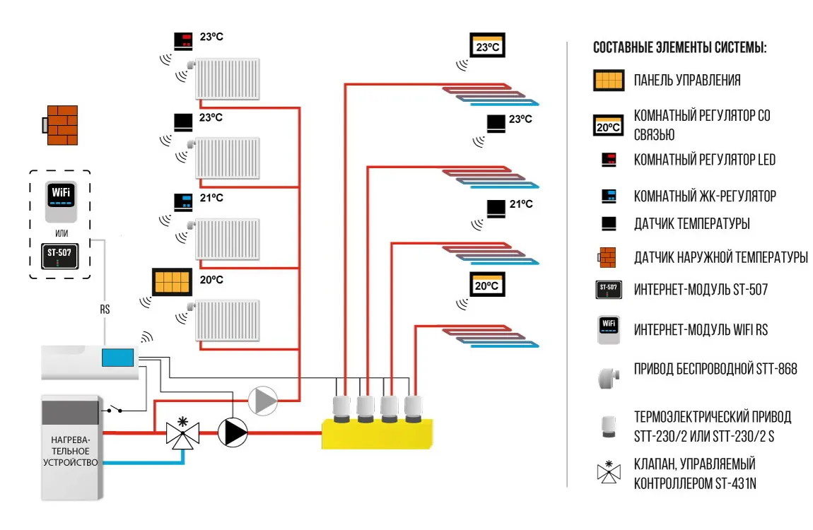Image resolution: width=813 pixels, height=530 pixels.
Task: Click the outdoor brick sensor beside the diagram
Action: pyautogui.click(x=61, y=126)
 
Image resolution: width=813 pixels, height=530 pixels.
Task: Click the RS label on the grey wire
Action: pyautogui.click(x=105, y=309)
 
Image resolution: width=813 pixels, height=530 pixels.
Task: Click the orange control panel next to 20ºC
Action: pyautogui.click(x=171, y=282)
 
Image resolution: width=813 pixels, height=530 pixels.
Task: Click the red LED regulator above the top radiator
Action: pyautogui.click(x=183, y=40)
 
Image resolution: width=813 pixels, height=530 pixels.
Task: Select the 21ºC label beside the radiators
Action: pyautogui.click(x=211, y=199)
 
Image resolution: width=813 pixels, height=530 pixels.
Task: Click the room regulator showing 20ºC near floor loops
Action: pyautogui.click(x=487, y=284)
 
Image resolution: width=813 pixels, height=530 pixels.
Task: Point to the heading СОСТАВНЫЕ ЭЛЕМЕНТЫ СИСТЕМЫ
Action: pyautogui.click(x=679, y=49)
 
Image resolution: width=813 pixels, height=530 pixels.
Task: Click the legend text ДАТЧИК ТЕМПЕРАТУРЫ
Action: pyautogui.click(x=691, y=224)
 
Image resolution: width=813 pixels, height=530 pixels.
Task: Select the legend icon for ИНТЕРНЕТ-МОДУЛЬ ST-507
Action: pyautogui.click(x=608, y=288)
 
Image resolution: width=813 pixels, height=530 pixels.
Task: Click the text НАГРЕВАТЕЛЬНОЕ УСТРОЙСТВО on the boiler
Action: pyautogui.click(x=70, y=451)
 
